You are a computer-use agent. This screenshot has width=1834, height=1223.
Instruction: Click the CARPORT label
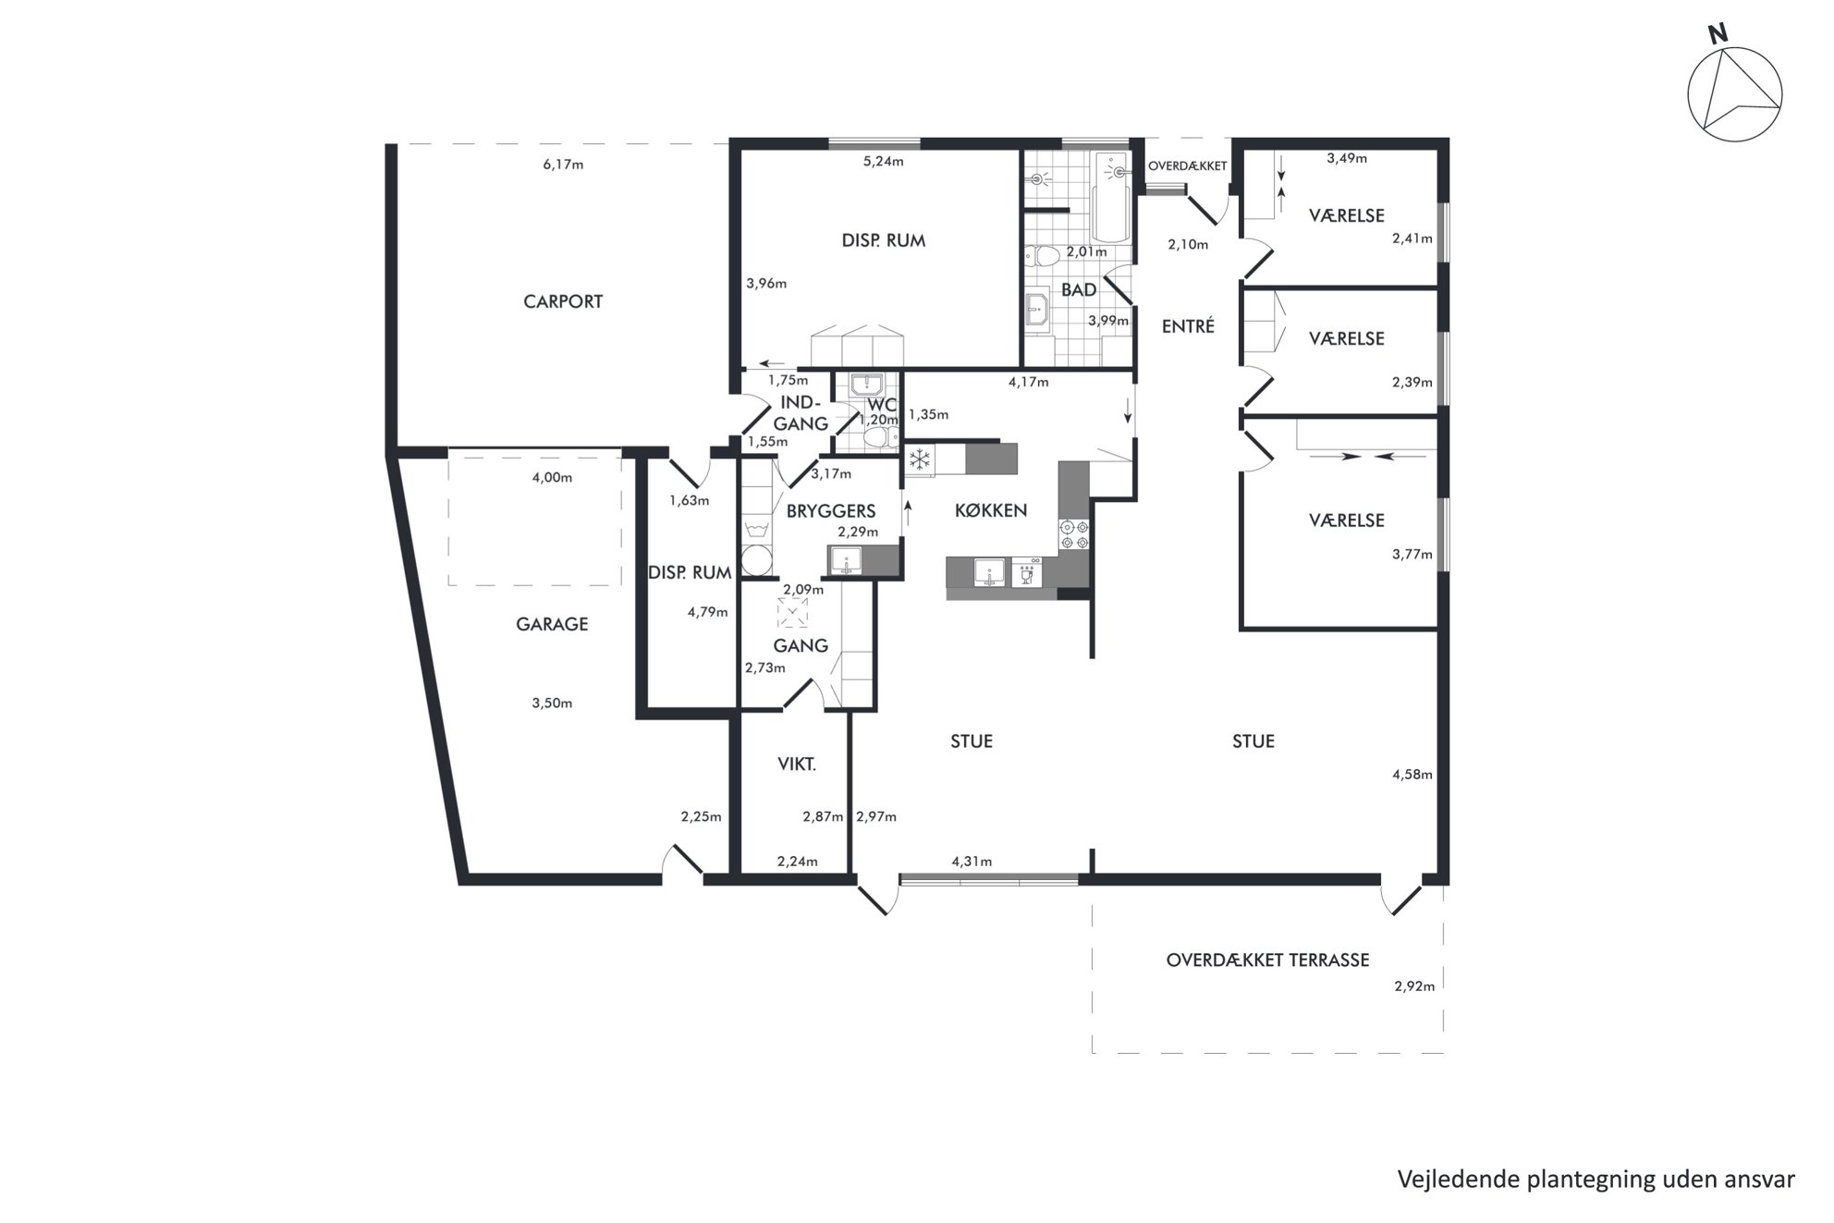563,301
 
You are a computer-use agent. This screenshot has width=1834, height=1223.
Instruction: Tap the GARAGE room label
552,624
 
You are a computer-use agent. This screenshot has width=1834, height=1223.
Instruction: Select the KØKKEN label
991,510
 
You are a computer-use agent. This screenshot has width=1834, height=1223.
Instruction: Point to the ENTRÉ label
1188,325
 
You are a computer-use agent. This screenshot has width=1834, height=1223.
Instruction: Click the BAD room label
1079,289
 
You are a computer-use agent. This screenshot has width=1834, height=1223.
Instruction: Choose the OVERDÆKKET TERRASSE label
1267,960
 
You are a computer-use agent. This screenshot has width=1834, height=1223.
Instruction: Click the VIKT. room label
797,764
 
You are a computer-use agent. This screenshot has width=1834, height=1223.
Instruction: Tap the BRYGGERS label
830,510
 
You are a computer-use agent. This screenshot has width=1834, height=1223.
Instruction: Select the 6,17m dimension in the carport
563,165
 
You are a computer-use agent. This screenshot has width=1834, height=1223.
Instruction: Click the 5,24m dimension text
883,161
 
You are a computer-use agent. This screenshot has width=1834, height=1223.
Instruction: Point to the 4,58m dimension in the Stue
1412,775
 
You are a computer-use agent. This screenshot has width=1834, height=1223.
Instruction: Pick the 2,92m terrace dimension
1414,985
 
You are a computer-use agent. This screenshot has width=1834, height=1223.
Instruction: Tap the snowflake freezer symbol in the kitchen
919,459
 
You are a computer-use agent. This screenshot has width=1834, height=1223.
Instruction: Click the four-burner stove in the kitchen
1074,535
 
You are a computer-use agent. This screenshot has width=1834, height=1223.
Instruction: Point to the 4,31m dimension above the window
972,862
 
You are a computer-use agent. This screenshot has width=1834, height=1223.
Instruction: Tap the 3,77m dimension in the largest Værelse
1412,555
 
